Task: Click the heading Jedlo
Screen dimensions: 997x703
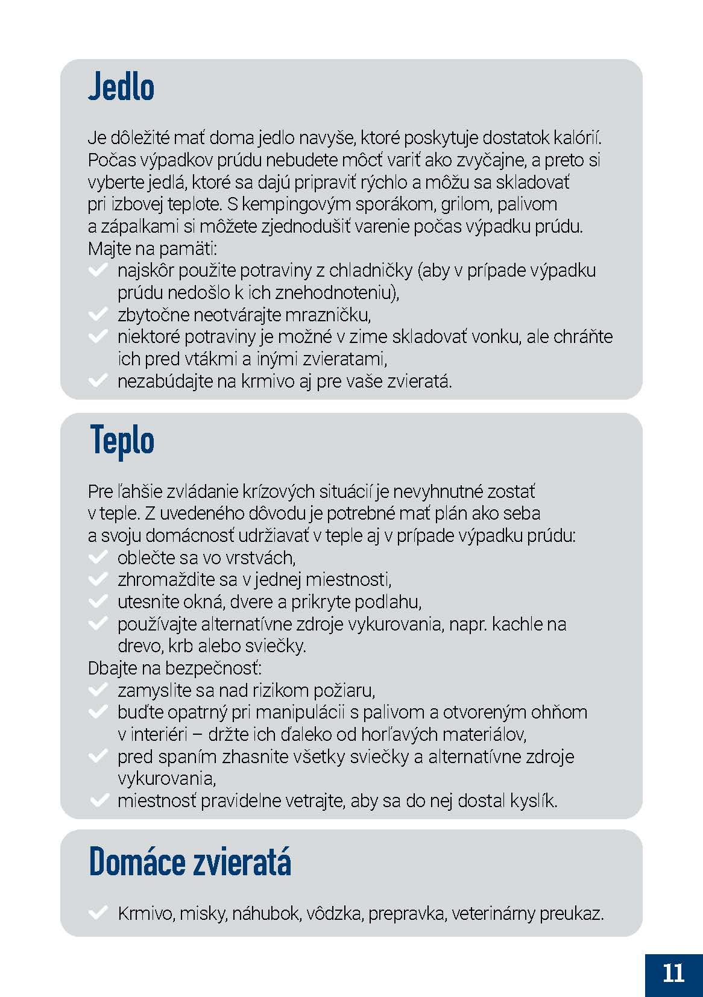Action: [121, 87]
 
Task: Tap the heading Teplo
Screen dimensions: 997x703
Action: [122, 440]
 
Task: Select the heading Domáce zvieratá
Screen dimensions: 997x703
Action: [190, 862]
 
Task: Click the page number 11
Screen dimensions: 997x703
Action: [673, 973]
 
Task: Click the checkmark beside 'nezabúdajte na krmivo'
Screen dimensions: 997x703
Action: [97, 381]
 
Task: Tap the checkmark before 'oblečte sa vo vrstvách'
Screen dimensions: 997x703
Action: [97, 558]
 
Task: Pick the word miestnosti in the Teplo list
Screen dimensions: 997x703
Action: [348, 580]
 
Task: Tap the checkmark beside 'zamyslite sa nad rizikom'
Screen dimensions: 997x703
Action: [97, 690]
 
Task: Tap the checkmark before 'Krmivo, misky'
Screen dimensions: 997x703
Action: [97, 913]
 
